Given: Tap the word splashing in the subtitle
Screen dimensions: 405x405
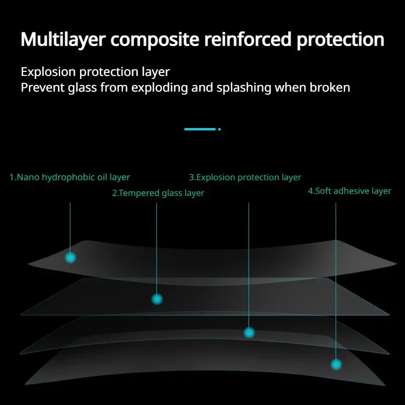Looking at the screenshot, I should tap(244, 88).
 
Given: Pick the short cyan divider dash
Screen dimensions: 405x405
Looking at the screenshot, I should tap(200, 129).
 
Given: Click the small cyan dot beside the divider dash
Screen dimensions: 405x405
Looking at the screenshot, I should tap(219, 129).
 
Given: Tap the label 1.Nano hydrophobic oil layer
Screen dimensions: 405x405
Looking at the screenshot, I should tap(70, 177).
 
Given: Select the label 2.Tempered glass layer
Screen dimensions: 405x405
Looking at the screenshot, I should tap(158, 193).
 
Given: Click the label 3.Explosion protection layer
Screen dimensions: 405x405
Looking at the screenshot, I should tap(245, 177).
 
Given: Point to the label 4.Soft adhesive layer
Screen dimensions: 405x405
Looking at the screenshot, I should tap(349, 191).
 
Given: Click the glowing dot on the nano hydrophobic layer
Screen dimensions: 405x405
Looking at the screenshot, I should tap(70, 258).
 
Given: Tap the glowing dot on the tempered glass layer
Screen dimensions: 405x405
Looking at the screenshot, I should tap(157, 299).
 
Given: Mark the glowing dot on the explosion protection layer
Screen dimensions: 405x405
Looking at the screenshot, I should tap(249, 333).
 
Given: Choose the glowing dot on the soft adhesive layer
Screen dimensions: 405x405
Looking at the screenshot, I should tap(336, 364).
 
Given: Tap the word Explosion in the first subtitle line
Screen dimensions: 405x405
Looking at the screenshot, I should tap(48, 71).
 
